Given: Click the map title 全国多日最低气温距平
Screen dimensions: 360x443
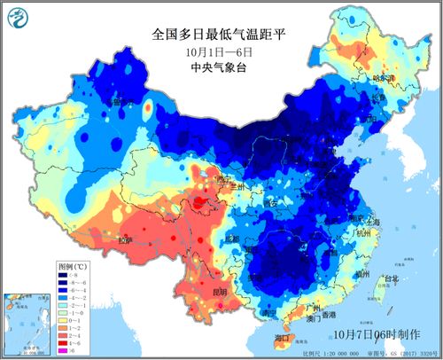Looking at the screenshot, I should tap(221, 35).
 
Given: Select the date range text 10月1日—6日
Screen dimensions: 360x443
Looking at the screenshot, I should tap(221, 52).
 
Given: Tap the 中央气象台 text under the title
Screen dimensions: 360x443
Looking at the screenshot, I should tap(221, 68).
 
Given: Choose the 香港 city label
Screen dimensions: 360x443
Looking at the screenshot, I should tap(329, 315).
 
